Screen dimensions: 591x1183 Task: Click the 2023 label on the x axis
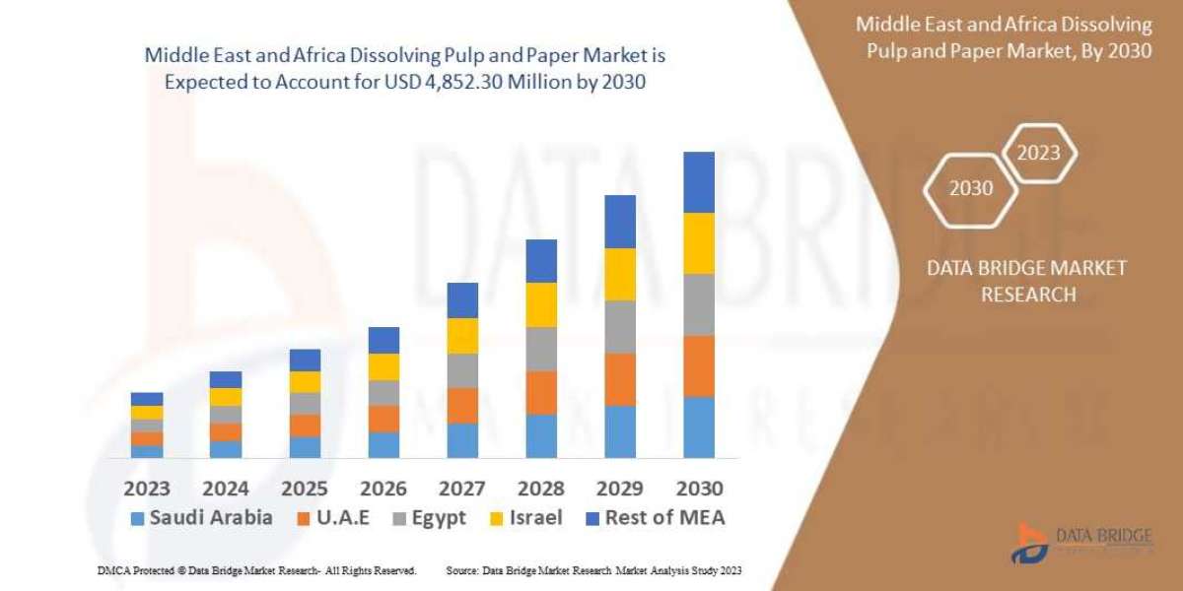pyautogui.click(x=147, y=489)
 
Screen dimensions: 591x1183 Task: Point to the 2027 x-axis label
pyautogui.click(x=462, y=489)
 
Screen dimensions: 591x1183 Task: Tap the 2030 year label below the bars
pyautogui.click(x=699, y=489)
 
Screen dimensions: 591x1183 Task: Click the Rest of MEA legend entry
pyautogui.click(x=653, y=518)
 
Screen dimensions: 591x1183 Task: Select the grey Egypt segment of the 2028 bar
pyautogui.click(x=541, y=349)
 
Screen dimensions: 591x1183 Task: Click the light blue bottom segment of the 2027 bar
pyautogui.click(x=462, y=440)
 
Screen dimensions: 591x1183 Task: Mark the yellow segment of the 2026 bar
pyautogui.click(x=383, y=366)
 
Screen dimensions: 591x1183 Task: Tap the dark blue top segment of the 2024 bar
pyautogui.click(x=226, y=379)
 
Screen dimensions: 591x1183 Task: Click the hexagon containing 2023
pyautogui.click(x=1038, y=154)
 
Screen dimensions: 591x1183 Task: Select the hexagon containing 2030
pyautogui.click(x=971, y=188)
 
